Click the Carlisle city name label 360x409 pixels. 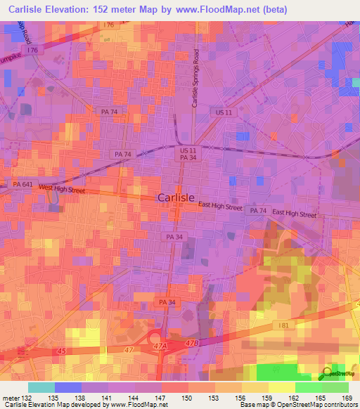click(x=181, y=197)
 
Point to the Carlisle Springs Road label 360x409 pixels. click(x=195, y=83)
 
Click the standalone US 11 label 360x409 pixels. click(x=224, y=112)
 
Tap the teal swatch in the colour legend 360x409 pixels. click(x=41, y=387)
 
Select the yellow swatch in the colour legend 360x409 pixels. click(x=281, y=387)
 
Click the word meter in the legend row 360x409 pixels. click(x=11, y=398)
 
